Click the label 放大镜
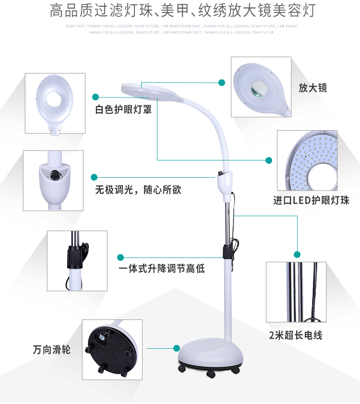coord(312,88)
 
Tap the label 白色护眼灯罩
coord(123,110)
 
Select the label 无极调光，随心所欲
coord(138,190)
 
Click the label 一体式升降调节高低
coord(162,269)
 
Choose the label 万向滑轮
coord(52,349)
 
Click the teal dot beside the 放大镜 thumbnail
coord(222,83)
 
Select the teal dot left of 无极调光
coord(94,177)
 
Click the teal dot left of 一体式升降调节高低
coord(120,257)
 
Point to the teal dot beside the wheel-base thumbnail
coord(177,347)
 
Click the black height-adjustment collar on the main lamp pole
coord(225,251)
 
